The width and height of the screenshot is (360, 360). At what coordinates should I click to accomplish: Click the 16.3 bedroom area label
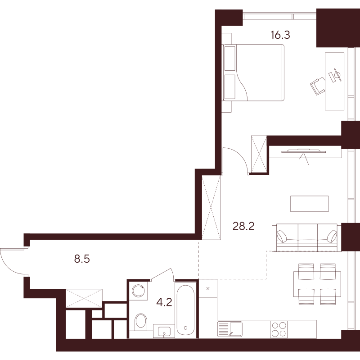pos(280,35)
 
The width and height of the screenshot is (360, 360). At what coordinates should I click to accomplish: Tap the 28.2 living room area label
pos(243,227)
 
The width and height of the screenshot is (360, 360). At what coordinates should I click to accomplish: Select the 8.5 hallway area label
pos(82,259)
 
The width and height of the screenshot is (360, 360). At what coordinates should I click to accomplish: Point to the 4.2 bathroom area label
pos(164,302)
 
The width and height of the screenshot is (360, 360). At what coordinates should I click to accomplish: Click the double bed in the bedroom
pos(253,73)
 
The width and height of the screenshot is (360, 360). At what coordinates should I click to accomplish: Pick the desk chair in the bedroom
pos(318,86)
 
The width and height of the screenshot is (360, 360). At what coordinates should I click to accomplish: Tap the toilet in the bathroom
pos(140,321)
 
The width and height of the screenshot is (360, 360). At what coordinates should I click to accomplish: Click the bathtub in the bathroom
pos(185,310)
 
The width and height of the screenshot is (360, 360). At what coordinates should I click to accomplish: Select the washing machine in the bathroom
pos(138,291)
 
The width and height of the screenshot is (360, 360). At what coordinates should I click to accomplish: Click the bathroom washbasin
pos(164,331)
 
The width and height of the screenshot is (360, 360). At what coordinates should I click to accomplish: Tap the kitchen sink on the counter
pos(229,329)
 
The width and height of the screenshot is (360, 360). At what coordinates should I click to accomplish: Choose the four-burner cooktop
pos(279,329)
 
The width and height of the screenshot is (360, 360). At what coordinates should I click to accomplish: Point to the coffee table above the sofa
pos(309,204)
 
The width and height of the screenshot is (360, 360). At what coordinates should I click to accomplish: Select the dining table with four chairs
pos(317,284)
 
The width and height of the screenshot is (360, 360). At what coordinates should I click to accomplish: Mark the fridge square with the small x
pos(208,288)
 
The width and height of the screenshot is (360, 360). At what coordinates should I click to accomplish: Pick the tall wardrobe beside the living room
pos(211,208)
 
